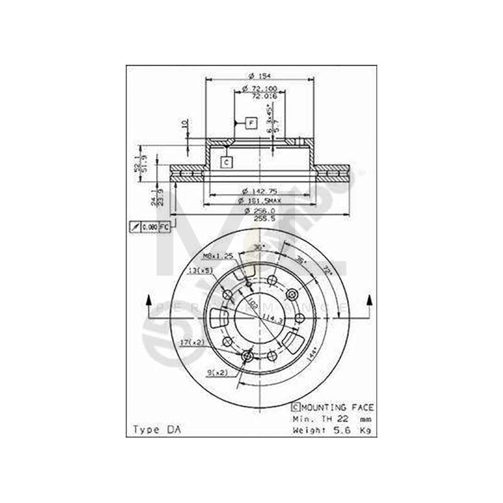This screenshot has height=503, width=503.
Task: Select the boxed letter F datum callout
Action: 250,122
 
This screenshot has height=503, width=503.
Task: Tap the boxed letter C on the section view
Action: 226,163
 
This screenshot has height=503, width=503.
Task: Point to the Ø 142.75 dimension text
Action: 259,190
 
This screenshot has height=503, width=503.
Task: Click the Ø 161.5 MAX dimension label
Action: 259,200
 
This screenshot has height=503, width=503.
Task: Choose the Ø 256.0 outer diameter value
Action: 259,210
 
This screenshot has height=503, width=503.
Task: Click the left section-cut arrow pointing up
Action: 149,302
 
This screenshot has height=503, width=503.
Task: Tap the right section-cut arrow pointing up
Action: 369,302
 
